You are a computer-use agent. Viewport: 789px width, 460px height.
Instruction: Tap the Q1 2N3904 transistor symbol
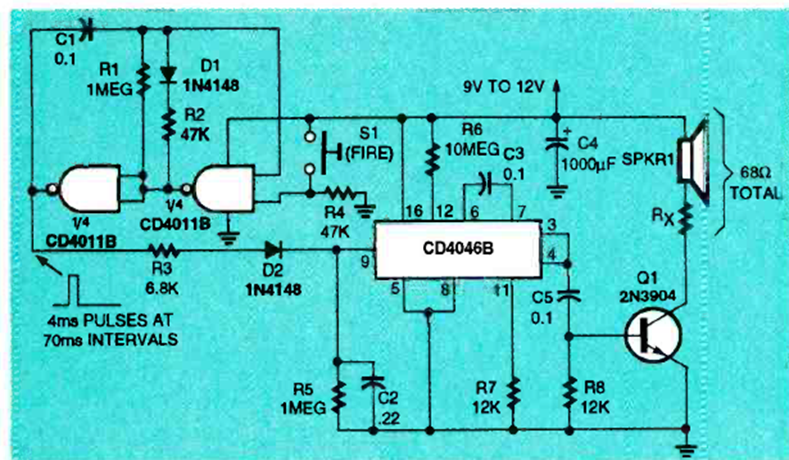click(x=655, y=336)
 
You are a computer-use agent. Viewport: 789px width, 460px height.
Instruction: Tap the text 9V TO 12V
click(x=503, y=87)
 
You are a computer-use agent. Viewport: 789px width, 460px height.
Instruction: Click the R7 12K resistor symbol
click(x=514, y=390)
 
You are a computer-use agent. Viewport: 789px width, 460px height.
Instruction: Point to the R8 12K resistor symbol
click(x=570, y=390)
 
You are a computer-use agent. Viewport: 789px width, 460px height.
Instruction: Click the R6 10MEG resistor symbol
click(x=433, y=158)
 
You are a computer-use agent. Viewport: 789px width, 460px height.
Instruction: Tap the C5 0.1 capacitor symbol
click(x=570, y=292)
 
